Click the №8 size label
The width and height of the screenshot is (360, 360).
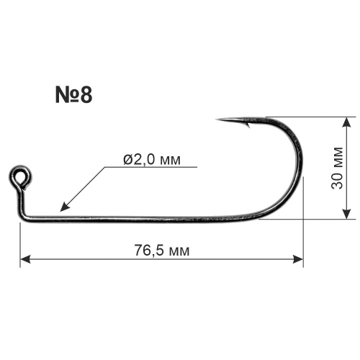(73, 95)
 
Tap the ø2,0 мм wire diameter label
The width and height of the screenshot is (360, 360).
(152, 159)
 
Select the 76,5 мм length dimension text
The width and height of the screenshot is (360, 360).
(162, 251)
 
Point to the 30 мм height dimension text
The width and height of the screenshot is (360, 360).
(337, 168)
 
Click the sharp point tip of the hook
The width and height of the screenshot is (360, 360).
(216, 120)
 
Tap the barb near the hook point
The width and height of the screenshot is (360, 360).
(247, 125)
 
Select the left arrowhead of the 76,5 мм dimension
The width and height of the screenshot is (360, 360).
(25, 259)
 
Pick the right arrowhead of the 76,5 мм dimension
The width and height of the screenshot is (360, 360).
(298, 259)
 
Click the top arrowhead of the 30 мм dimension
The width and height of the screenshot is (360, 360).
(346, 122)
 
